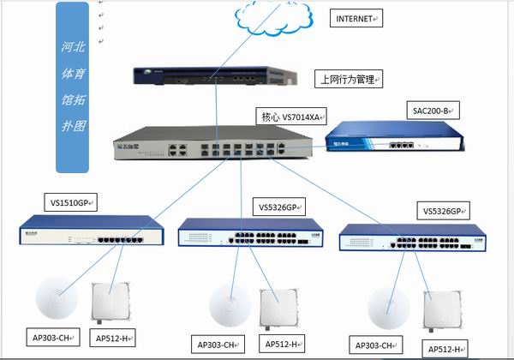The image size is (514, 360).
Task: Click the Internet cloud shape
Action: pos(266,18)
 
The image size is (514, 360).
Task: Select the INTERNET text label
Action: pos(354,18)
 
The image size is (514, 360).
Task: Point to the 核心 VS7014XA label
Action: pos(290,114)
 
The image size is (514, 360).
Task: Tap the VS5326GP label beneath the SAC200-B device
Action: pos(445,209)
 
